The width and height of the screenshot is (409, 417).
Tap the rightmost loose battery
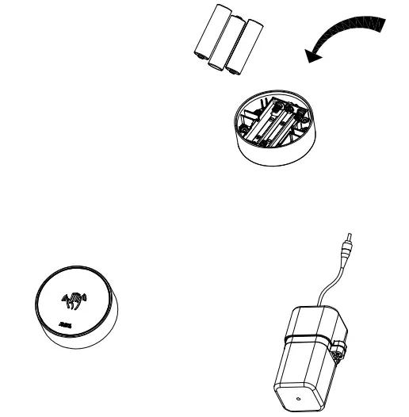click(x=244, y=46)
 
